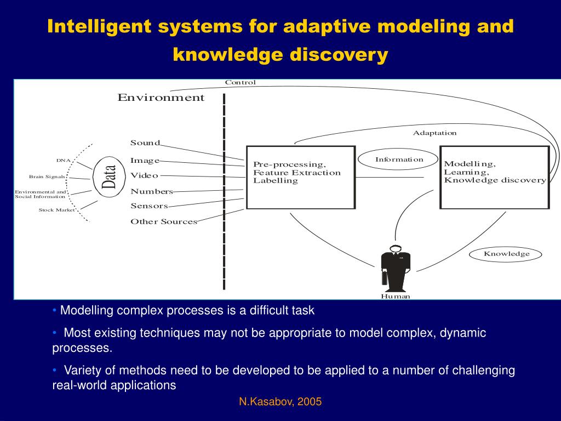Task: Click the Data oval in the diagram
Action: tap(108, 177)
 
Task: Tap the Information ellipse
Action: tap(399, 160)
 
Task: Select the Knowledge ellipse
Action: tap(506, 254)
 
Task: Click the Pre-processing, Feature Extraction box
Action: tap(300, 177)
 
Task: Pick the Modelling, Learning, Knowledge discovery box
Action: tap(494, 177)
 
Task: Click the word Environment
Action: tap(161, 98)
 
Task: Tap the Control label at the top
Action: tap(240, 83)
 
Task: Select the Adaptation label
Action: tap(434, 133)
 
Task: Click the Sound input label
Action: tap(145, 143)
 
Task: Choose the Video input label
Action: tap(144, 175)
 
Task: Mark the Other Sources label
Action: tap(163, 222)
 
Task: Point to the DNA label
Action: tap(64, 161)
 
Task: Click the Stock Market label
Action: tap(57, 210)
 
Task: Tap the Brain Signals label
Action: tap(47, 177)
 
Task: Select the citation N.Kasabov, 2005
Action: tap(280, 402)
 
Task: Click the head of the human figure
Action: tap(395, 248)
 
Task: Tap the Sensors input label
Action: tap(149, 206)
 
